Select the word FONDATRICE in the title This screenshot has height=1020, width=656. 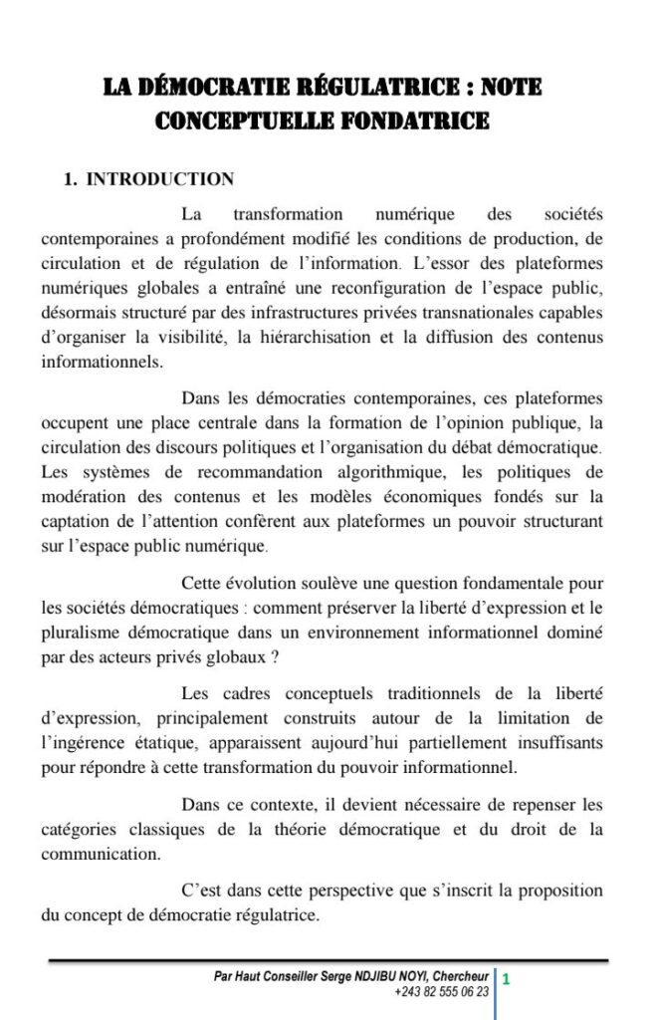click(429, 122)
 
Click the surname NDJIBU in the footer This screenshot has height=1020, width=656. click(385, 978)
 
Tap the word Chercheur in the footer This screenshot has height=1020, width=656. click(460, 978)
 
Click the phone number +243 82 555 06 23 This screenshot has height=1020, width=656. click(442, 992)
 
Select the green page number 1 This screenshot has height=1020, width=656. click(506, 979)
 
